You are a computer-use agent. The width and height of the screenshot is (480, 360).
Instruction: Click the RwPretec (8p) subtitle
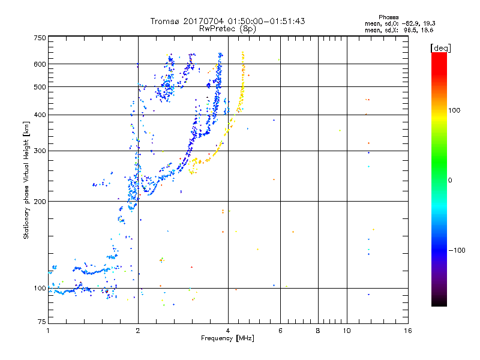[227, 29]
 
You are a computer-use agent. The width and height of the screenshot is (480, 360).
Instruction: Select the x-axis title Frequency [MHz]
[227, 338]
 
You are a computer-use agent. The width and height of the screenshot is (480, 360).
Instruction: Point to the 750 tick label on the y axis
[40, 38]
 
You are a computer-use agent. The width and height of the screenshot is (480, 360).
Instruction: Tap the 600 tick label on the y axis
[40, 64]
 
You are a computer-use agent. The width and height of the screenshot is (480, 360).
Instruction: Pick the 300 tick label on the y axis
[40, 151]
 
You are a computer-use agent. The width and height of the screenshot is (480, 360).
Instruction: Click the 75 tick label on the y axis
[42, 322]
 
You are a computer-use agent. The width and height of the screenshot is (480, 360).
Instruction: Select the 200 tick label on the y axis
[40, 202]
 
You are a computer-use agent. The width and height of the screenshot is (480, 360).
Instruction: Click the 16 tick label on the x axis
[408, 331]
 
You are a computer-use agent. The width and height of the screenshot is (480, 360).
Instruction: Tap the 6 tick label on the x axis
[280, 331]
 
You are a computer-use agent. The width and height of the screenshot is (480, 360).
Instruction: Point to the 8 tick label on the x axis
[318, 331]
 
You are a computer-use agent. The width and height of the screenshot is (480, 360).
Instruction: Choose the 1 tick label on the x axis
[48, 331]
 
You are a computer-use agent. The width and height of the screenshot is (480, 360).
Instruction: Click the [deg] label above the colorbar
[440, 48]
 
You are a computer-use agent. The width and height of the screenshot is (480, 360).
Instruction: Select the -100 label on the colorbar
[457, 250]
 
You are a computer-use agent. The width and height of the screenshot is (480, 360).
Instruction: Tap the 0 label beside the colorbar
[450, 181]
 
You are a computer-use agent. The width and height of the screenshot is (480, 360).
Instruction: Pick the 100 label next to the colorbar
[454, 110]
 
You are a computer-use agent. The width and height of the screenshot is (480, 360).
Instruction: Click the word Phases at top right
[388, 17]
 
